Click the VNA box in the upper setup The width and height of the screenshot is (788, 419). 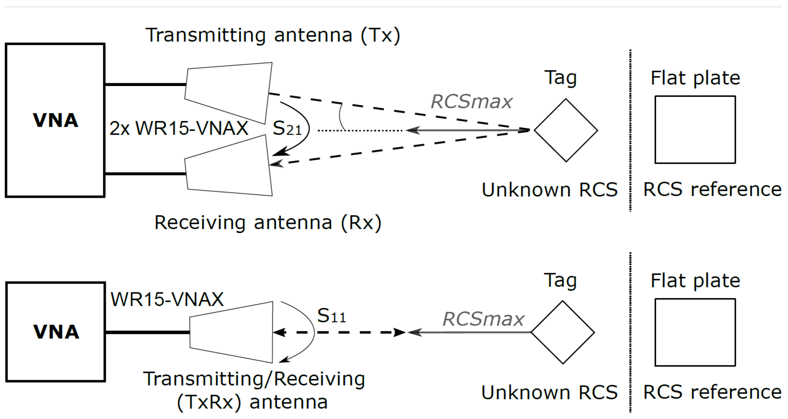[55, 120]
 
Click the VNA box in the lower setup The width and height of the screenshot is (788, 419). [56, 332]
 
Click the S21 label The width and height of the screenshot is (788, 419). [287, 128]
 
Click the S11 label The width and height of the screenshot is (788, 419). [331, 315]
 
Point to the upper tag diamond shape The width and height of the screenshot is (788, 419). [566, 130]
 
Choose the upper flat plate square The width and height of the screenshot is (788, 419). [695, 130]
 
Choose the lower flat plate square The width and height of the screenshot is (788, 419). [695, 332]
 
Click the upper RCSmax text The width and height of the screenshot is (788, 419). [471, 102]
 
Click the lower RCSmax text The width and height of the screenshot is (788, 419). [483, 319]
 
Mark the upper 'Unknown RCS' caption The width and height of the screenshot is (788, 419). [549, 190]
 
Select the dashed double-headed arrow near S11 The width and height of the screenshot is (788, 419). [340, 332]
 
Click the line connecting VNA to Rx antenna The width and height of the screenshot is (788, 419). [145, 173]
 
